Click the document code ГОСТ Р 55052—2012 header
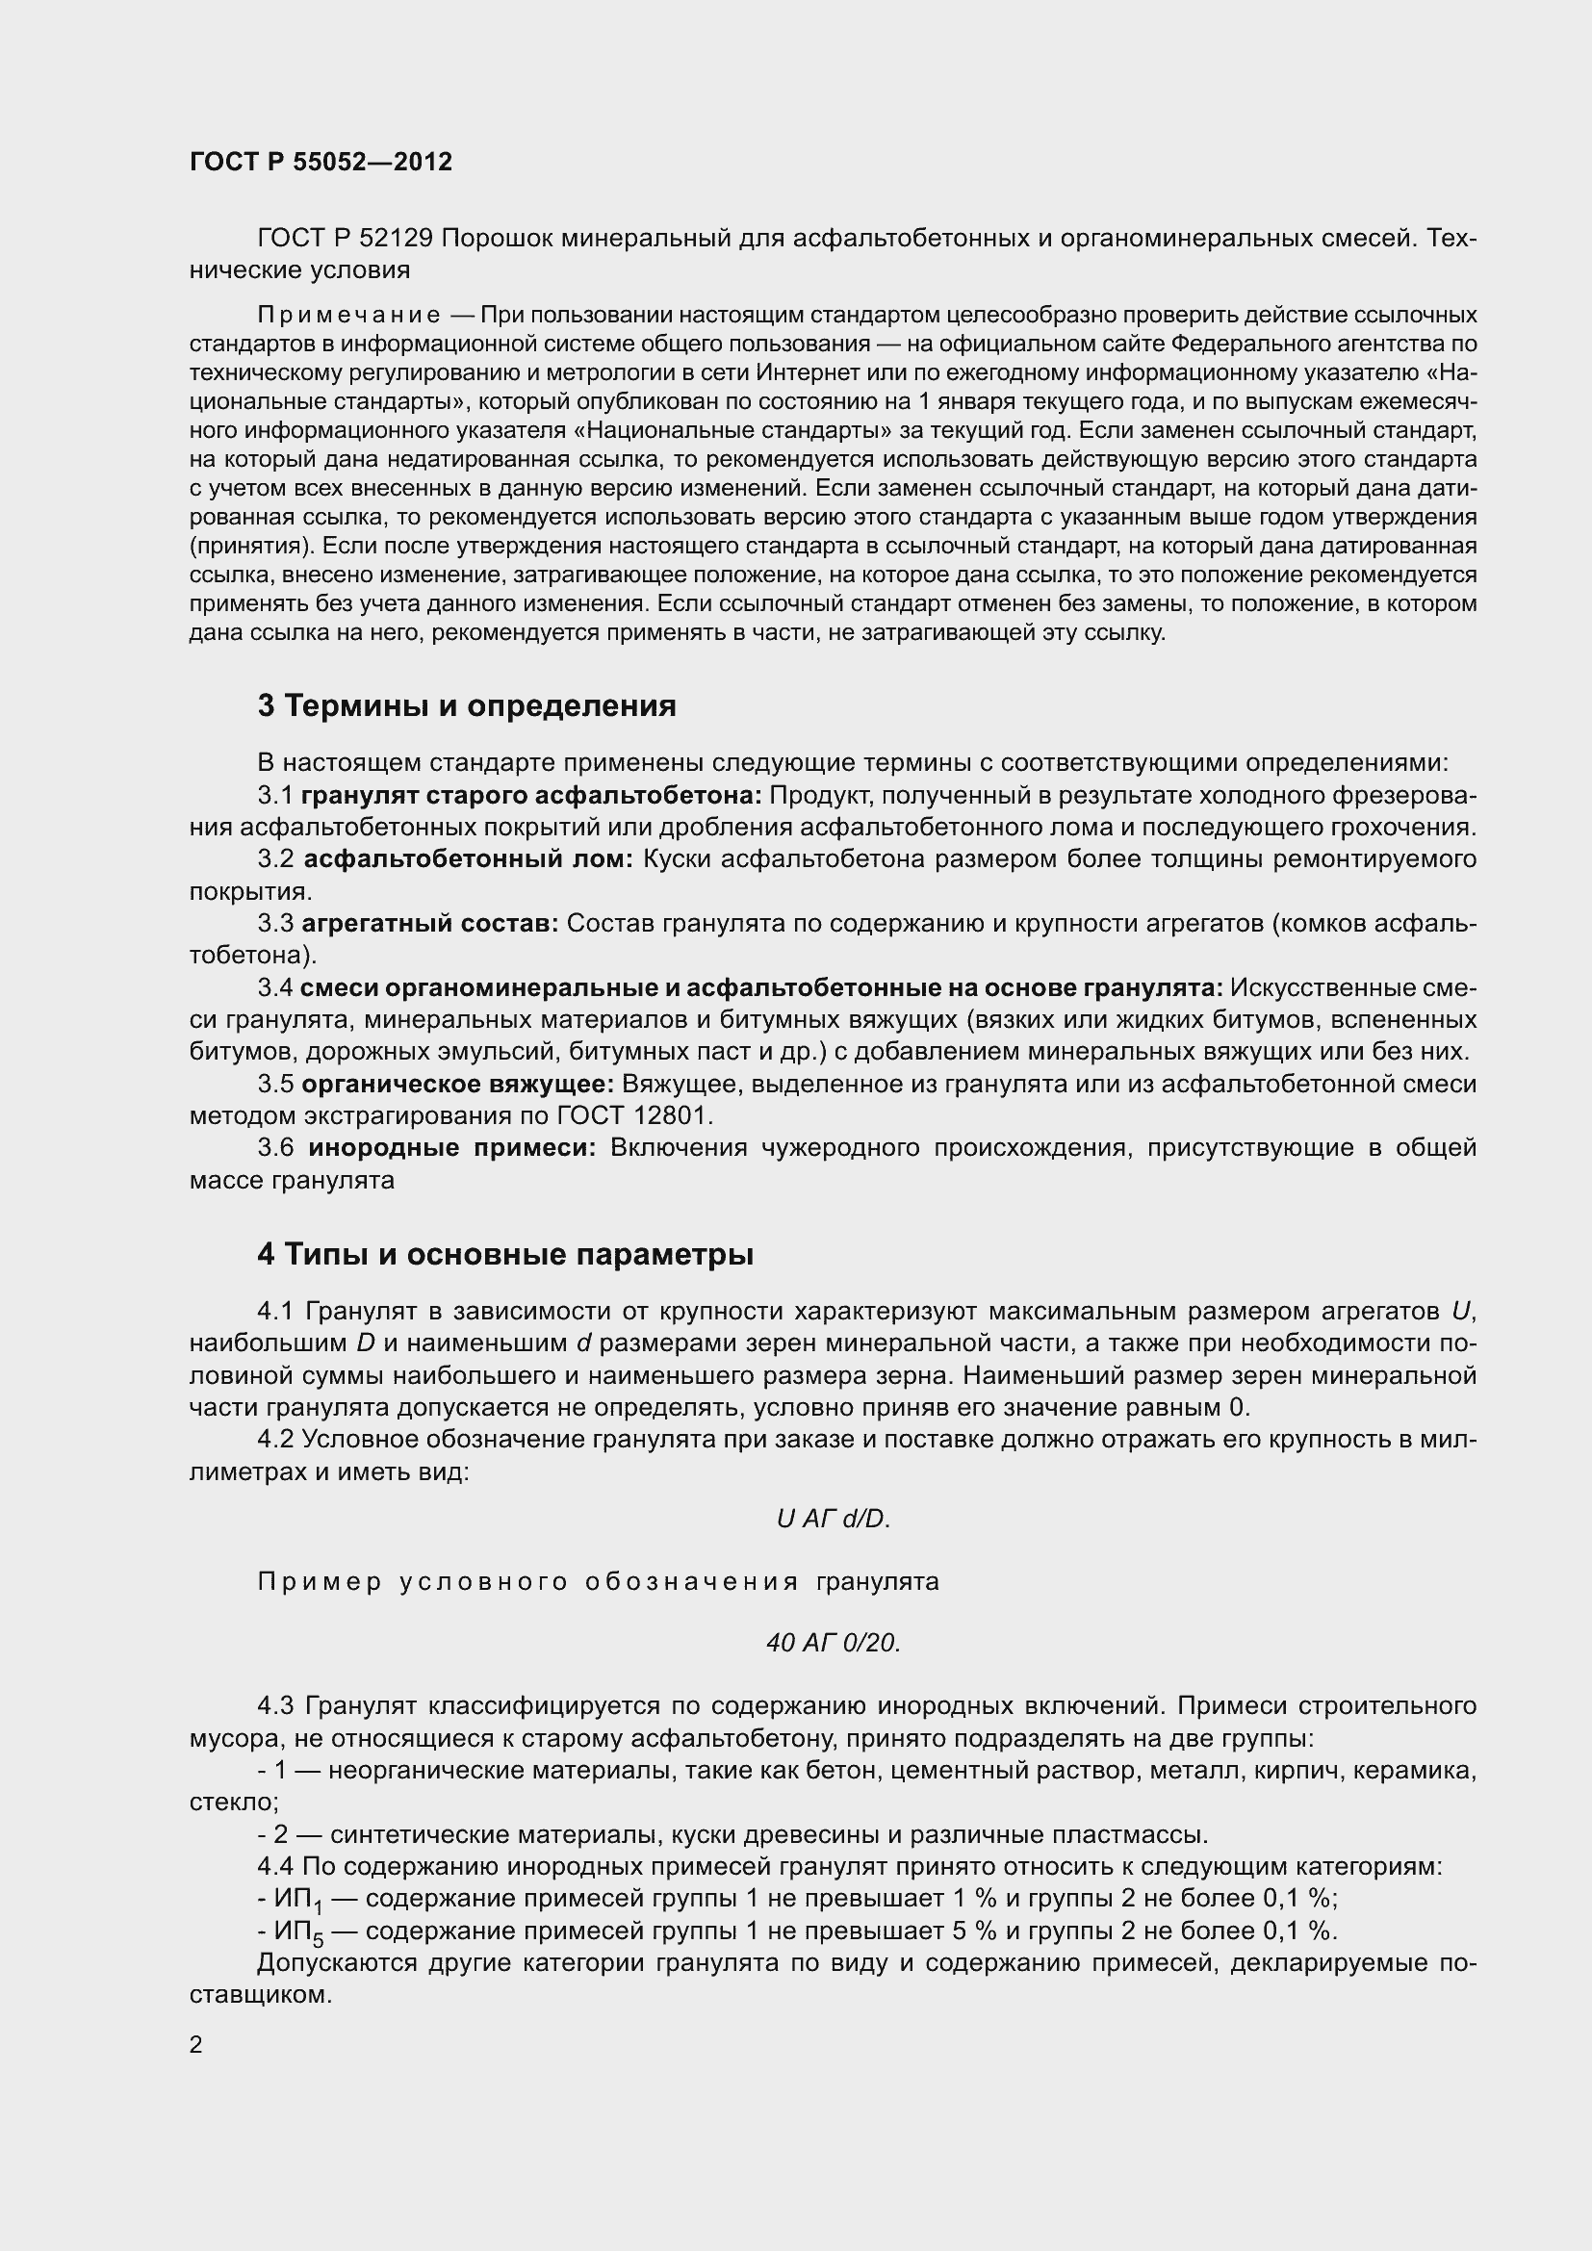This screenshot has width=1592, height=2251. tap(321, 163)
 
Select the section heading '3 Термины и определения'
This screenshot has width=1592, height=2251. tap(467, 705)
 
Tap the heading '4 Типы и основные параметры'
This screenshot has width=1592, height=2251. tap(505, 1255)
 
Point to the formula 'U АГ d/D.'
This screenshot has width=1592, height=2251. tap(833, 1519)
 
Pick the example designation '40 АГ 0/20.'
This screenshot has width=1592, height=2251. tap(834, 1643)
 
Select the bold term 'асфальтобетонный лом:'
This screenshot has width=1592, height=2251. tap(469, 859)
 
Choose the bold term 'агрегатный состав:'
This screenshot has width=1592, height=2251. tap(429, 924)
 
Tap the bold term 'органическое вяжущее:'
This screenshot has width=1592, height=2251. tap(457, 1085)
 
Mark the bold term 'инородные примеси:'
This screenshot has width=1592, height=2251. tap(452, 1148)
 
